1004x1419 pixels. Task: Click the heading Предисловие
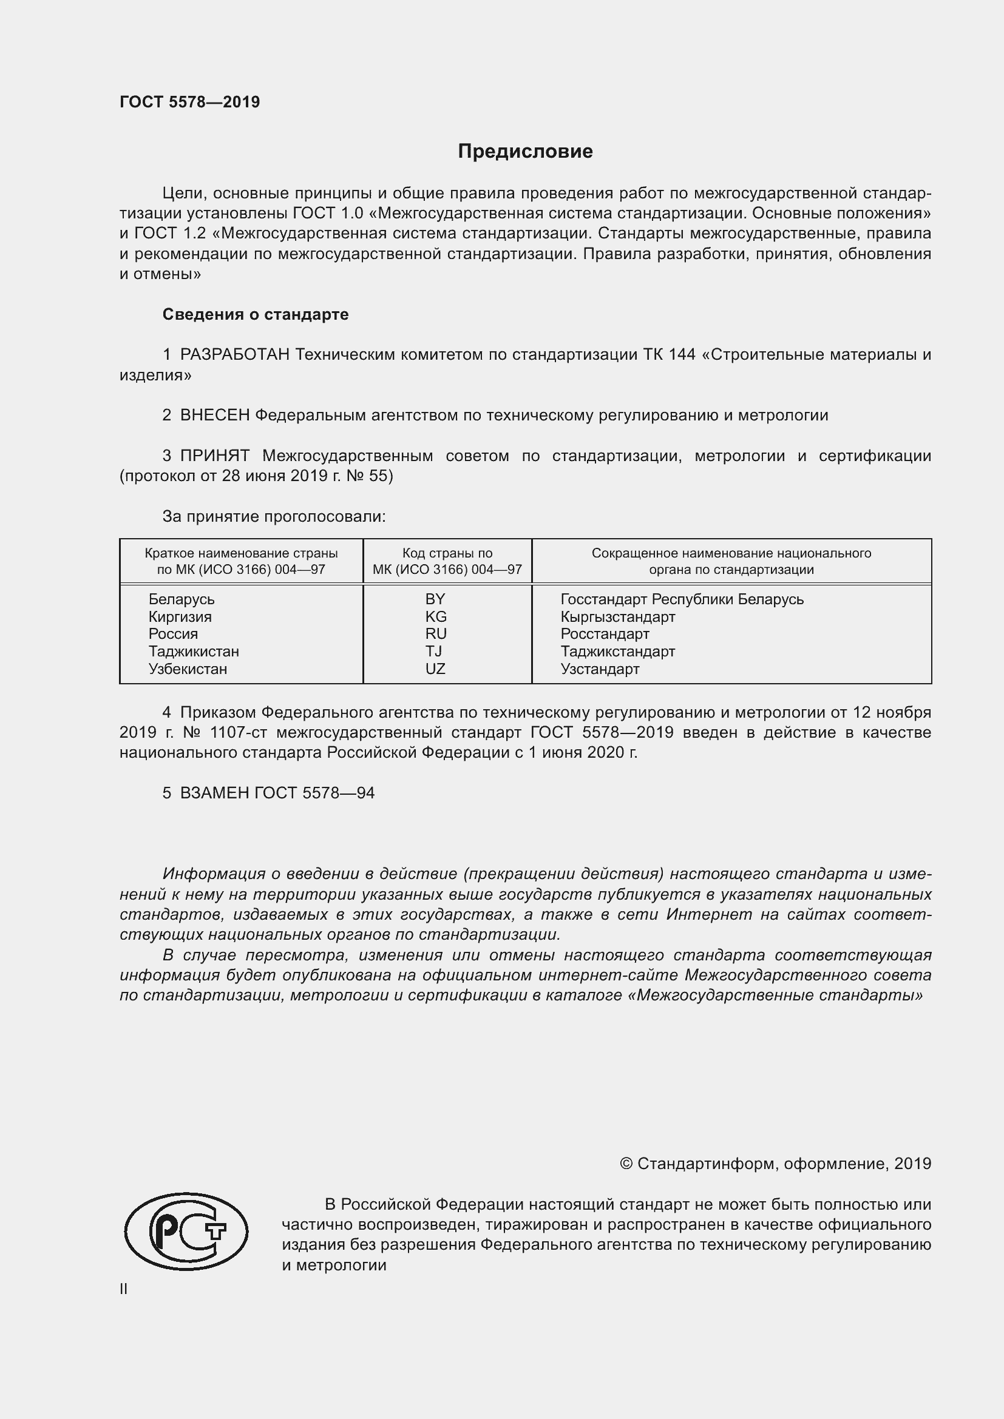(525, 152)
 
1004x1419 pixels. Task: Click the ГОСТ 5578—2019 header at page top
(190, 102)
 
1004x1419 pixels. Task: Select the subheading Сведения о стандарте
(256, 315)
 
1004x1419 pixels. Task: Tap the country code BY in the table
(435, 599)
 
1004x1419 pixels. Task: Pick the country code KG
(435, 616)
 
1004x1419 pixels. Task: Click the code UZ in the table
(435, 669)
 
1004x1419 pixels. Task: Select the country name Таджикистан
(194, 652)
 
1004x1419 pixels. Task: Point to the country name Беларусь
(181, 599)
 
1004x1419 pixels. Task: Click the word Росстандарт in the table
(605, 633)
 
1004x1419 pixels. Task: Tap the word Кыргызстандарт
(617, 616)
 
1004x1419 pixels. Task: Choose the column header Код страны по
(447, 553)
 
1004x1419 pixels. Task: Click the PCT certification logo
(186, 1231)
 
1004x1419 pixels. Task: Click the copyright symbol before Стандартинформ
(626, 1164)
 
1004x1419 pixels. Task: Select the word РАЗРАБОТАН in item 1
(234, 355)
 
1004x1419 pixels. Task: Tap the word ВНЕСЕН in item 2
(214, 416)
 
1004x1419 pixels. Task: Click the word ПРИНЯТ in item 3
(214, 456)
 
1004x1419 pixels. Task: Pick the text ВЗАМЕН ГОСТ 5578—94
(277, 793)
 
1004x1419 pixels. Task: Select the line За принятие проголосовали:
(274, 517)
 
